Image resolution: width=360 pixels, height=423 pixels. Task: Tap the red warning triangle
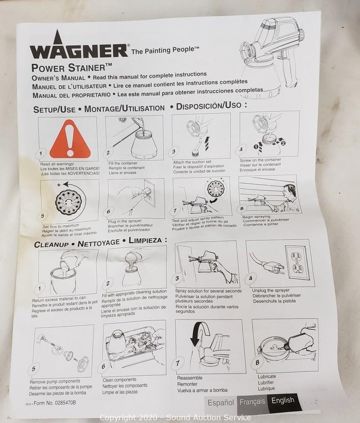click(x=70, y=140)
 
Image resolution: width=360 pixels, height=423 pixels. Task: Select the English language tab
click(x=283, y=401)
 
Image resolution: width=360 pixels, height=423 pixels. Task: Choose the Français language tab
click(x=252, y=402)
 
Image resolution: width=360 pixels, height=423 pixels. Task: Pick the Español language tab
click(x=220, y=403)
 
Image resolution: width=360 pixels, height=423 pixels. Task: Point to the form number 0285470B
click(x=55, y=403)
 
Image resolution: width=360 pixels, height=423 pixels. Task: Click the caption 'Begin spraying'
click(x=256, y=217)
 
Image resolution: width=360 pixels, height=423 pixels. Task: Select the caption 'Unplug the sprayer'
click(x=271, y=290)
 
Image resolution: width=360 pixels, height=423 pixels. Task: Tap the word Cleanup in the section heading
click(x=51, y=244)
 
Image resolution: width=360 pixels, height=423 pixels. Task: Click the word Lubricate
click(x=266, y=376)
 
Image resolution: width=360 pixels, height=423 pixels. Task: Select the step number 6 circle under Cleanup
click(x=103, y=367)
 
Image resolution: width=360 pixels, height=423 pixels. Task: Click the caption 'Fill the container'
click(x=123, y=163)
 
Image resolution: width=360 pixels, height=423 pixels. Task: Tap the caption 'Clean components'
click(x=119, y=380)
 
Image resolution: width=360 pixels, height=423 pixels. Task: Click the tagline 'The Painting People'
click(x=165, y=50)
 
